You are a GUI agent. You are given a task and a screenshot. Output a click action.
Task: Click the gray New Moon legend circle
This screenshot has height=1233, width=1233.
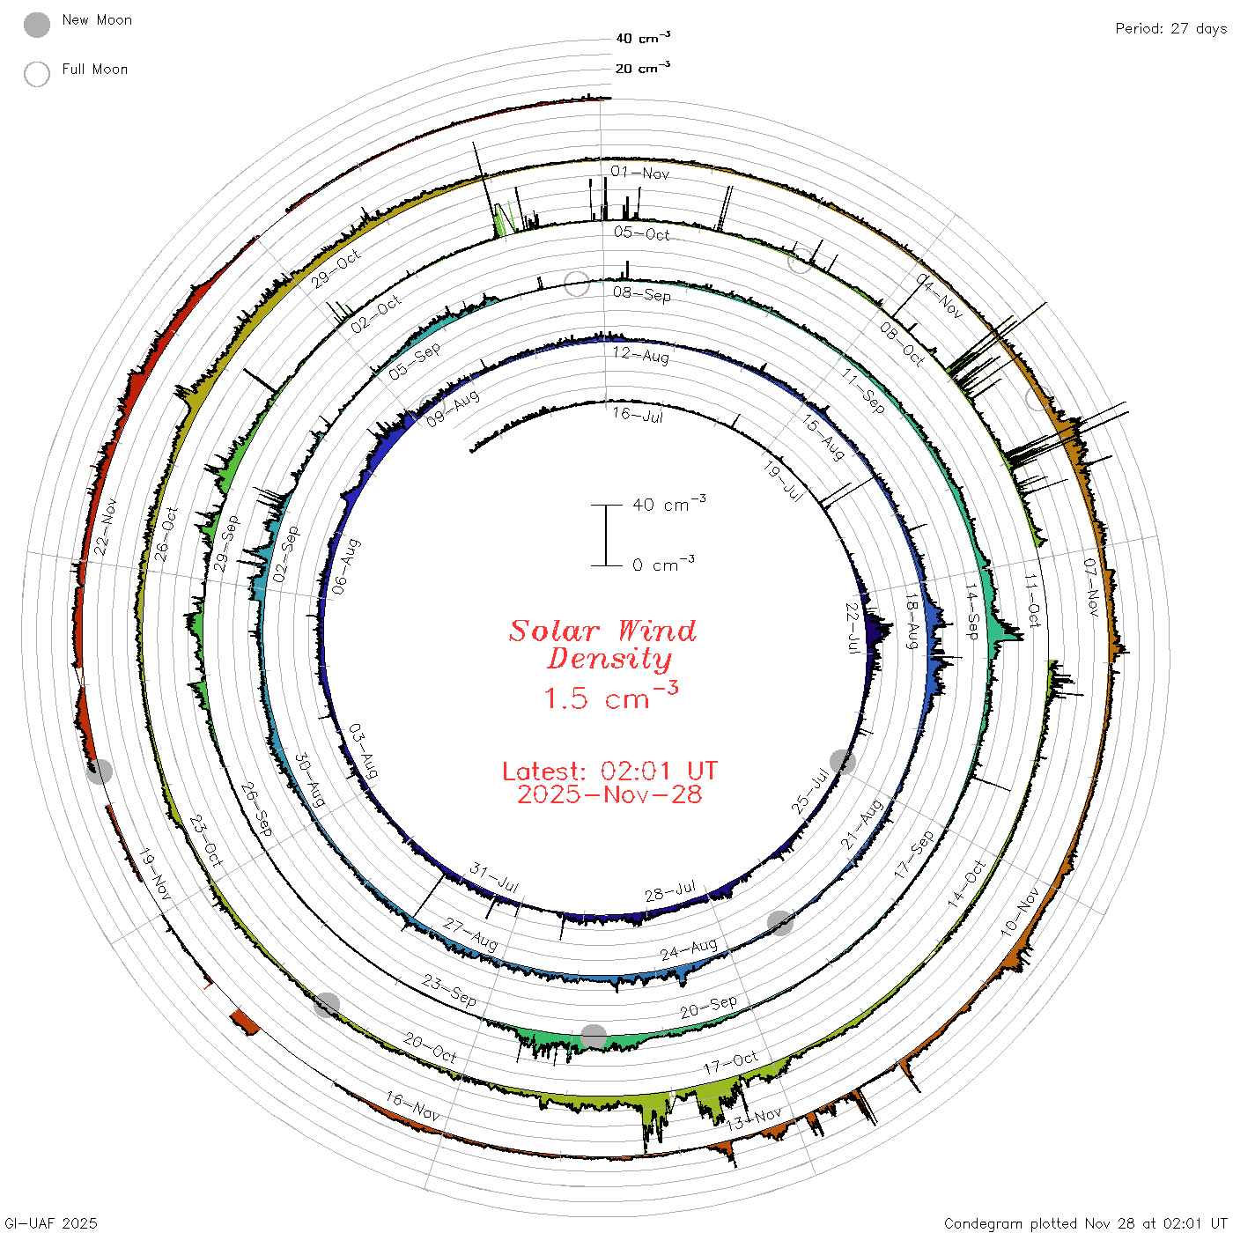pos(36,25)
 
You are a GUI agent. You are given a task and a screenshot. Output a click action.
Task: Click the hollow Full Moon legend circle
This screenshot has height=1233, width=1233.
pos(36,74)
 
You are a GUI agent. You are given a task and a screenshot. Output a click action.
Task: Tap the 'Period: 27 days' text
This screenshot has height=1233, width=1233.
pos(1171,29)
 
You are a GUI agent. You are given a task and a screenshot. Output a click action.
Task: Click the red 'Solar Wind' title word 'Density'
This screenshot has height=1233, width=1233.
pos(609,659)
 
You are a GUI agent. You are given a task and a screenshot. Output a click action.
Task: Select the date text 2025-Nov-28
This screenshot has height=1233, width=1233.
pos(609,794)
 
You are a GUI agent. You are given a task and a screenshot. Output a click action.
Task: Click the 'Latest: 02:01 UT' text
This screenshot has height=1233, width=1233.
pos(609,771)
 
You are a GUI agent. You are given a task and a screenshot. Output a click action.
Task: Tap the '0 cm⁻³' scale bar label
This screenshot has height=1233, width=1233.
pos(663,564)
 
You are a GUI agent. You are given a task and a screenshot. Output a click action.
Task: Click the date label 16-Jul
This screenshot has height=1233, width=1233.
pos(638,415)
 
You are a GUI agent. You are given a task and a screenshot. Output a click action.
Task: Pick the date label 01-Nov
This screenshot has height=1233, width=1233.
pos(639,172)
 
